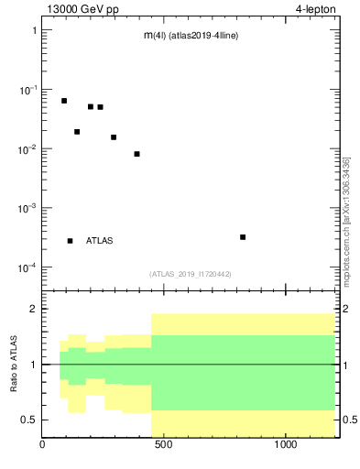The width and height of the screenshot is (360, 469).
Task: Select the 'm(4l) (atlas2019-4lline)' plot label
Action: click(191, 36)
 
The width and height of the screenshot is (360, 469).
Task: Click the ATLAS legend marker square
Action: click(70, 241)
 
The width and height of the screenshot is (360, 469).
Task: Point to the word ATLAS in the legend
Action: click(100, 241)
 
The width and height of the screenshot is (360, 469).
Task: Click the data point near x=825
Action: click(243, 237)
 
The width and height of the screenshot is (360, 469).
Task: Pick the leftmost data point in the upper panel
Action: click(64, 101)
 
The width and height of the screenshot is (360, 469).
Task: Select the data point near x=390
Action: click(136, 154)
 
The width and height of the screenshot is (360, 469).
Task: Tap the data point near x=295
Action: click(114, 137)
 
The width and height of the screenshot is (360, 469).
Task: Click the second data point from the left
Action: click(77, 132)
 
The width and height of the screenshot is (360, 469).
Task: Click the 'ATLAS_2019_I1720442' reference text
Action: click(191, 274)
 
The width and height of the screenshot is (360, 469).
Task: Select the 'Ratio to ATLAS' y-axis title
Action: click(15, 364)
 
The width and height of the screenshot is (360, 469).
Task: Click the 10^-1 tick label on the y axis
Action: click(26, 89)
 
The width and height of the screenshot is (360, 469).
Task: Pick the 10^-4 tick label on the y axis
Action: click(26, 267)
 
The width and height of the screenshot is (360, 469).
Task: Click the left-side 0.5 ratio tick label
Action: click(29, 420)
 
